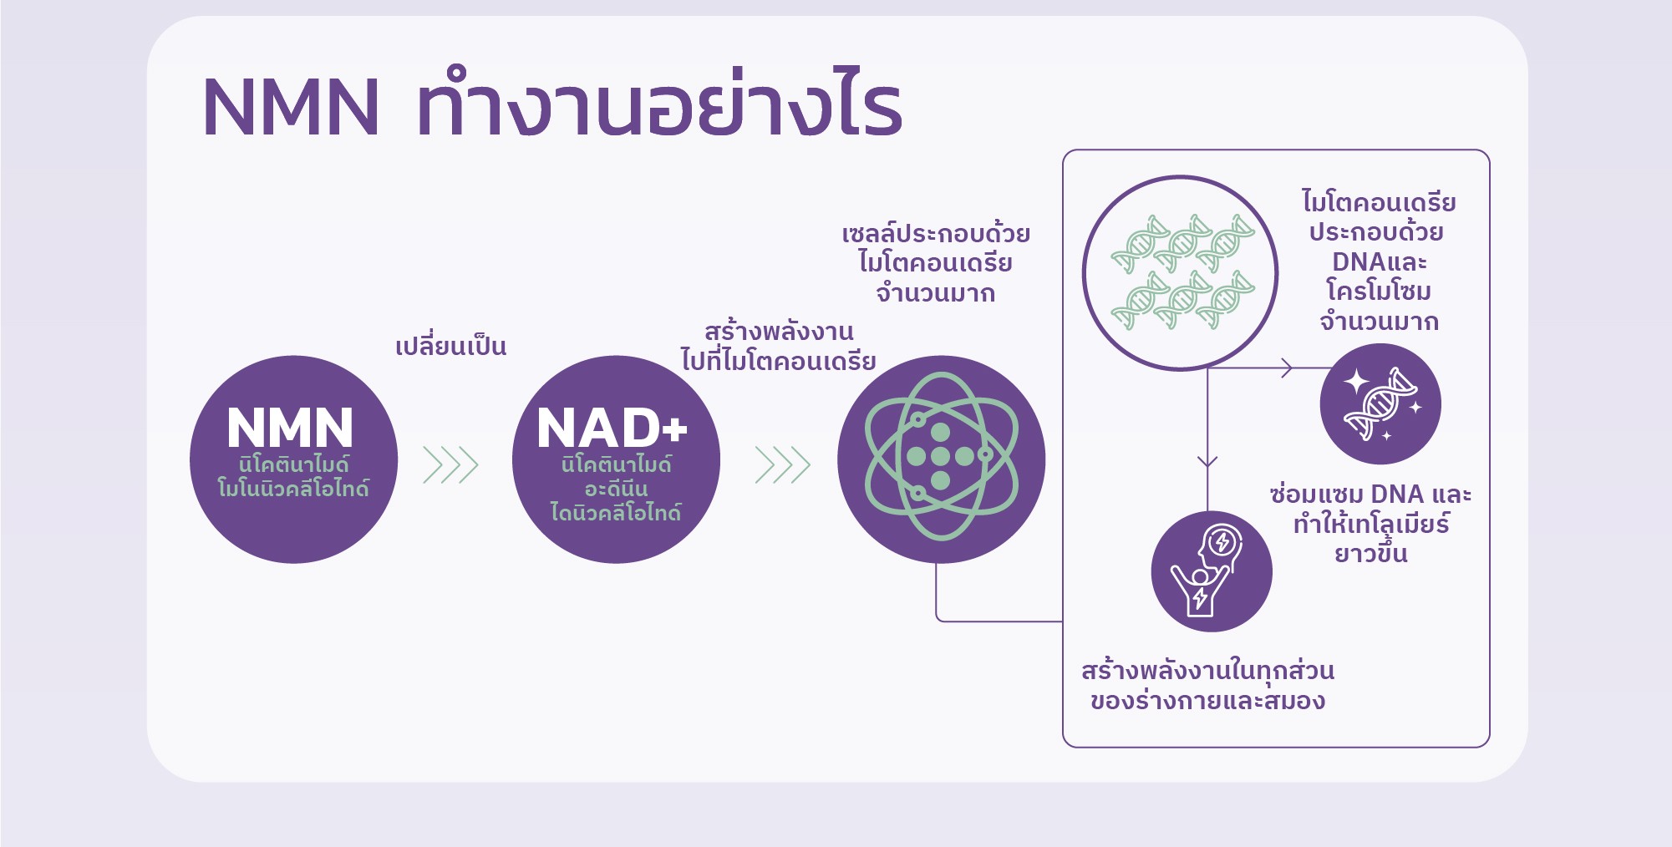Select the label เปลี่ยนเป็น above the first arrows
[450, 344]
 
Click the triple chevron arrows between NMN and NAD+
[450, 465]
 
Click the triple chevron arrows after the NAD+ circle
[783, 465]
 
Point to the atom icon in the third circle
[941, 456]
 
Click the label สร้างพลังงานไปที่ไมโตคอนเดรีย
[779, 346]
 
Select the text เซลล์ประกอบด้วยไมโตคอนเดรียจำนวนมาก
[936, 262]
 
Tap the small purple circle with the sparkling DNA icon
[1380, 403]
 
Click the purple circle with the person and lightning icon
[1212, 571]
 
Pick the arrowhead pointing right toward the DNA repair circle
[1287, 368]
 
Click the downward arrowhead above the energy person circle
[1207, 462]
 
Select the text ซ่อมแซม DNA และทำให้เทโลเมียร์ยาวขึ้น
[1370, 524]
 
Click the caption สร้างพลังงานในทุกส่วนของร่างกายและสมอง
[1207, 685]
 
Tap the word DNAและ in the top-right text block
[1380, 261]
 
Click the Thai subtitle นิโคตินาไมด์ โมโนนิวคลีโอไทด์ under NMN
[292, 476]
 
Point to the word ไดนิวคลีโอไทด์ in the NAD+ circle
[616, 512]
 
